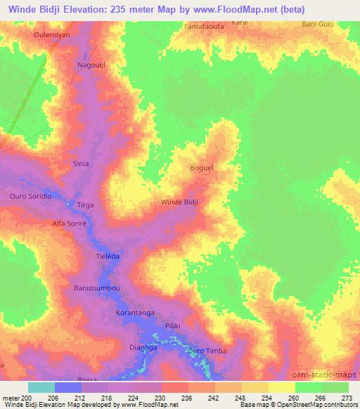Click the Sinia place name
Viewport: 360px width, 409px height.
click(x=81, y=164)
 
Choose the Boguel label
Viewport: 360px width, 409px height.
click(x=202, y=168)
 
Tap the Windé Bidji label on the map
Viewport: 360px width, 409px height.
click(x=180, y=202)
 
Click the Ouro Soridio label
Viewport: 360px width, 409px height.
click(x=30, y=197)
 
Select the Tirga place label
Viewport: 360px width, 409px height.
click(x=85, y=204)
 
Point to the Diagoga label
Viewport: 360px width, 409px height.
click(x=143, y=347)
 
